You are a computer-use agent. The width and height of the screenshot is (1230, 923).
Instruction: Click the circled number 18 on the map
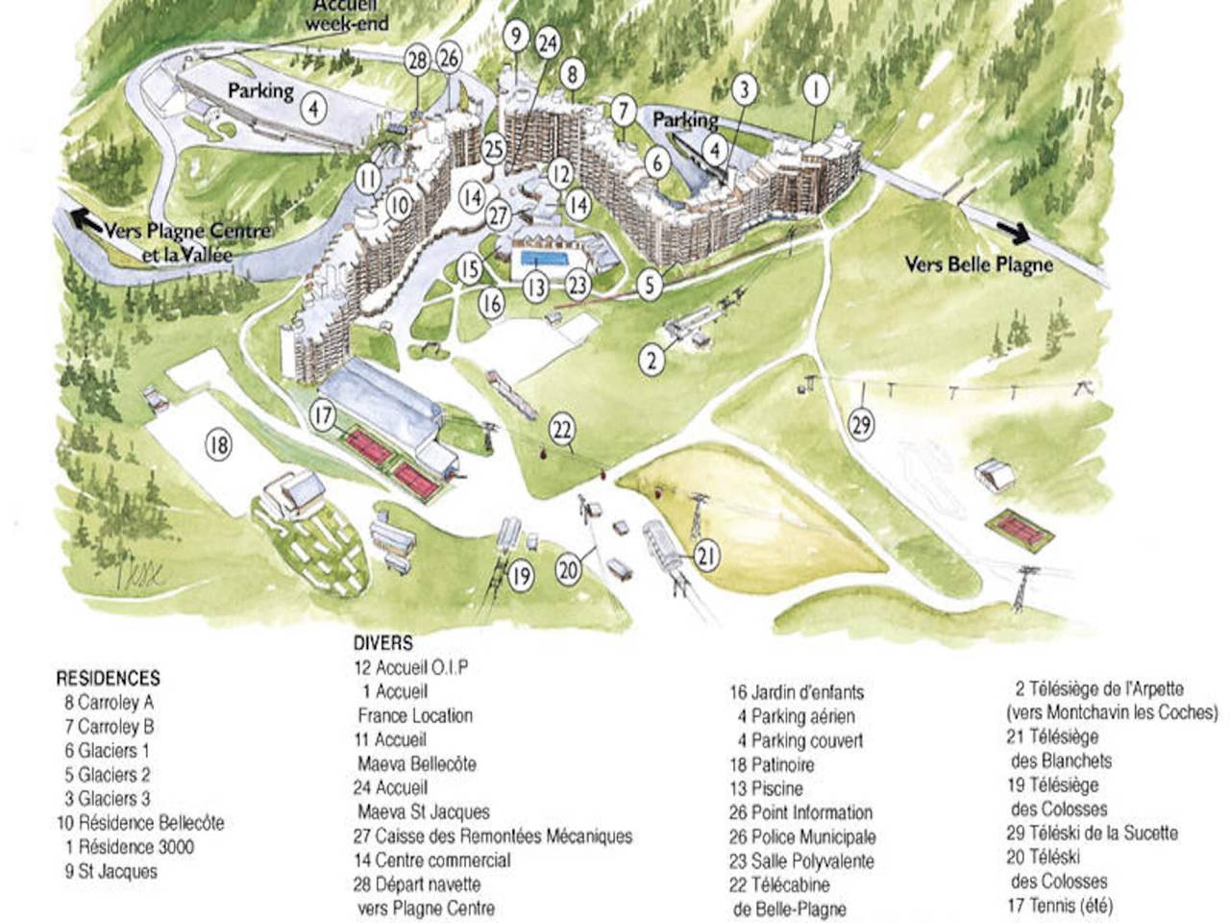pos(219,445)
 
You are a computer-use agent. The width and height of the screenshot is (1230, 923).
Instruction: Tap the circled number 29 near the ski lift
pos(862,423)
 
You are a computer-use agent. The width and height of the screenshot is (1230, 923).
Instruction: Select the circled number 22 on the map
pos(562,430)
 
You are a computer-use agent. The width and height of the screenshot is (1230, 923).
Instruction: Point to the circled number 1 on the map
pos(815,90)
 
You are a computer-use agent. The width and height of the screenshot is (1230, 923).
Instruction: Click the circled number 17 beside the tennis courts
pos(324,417)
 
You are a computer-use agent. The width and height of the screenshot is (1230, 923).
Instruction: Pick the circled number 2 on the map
pos(652,361)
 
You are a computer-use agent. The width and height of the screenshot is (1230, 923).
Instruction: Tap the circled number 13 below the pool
pos(535,287)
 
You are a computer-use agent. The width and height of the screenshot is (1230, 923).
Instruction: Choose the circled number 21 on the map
pos(706,556)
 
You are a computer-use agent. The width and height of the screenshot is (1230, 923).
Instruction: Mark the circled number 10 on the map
pos(400,204)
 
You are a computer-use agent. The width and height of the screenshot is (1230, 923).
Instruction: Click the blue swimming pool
pos(545,261)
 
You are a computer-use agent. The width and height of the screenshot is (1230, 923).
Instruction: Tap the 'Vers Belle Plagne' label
pos(978,264)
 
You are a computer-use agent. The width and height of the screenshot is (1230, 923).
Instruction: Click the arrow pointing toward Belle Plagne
pos(1014,233)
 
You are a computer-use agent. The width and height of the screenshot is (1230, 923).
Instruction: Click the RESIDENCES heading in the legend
pos(108,678)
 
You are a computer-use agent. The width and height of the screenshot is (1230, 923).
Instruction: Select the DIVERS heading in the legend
pos(382,643)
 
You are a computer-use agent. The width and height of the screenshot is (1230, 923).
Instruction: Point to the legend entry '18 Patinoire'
pos(772,765)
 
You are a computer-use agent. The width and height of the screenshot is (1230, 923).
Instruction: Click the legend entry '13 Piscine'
pos(766,789)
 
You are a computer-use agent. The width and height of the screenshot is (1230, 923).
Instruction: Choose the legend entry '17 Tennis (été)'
pos(1060,905)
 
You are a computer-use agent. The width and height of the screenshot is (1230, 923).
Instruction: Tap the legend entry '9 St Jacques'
pos(111,872)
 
